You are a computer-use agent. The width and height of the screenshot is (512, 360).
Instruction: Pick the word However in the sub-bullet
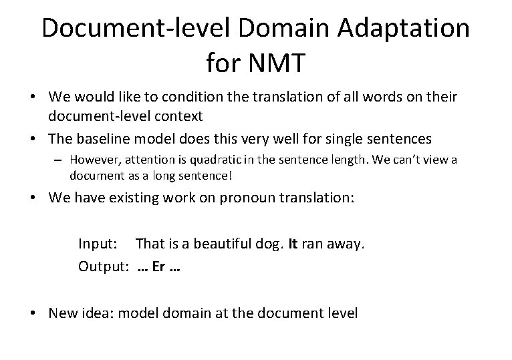94,160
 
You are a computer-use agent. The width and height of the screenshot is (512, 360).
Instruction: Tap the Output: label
104,266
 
